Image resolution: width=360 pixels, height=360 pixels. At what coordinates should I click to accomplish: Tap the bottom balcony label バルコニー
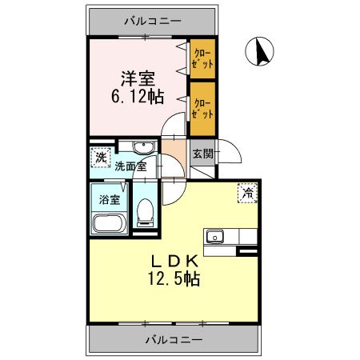(x=174, y=339)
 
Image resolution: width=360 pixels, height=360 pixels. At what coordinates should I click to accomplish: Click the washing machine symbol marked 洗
(x=100, y=157)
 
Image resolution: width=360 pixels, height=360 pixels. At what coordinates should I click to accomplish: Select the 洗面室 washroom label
(x=129, y=167)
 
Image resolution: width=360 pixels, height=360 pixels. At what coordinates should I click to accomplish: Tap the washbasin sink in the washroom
(x=143, y=149)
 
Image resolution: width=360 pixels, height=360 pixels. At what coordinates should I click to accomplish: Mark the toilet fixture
(x=145, y=212)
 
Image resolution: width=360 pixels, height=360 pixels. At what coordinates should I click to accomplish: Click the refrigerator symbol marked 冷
(x=248, y=192)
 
